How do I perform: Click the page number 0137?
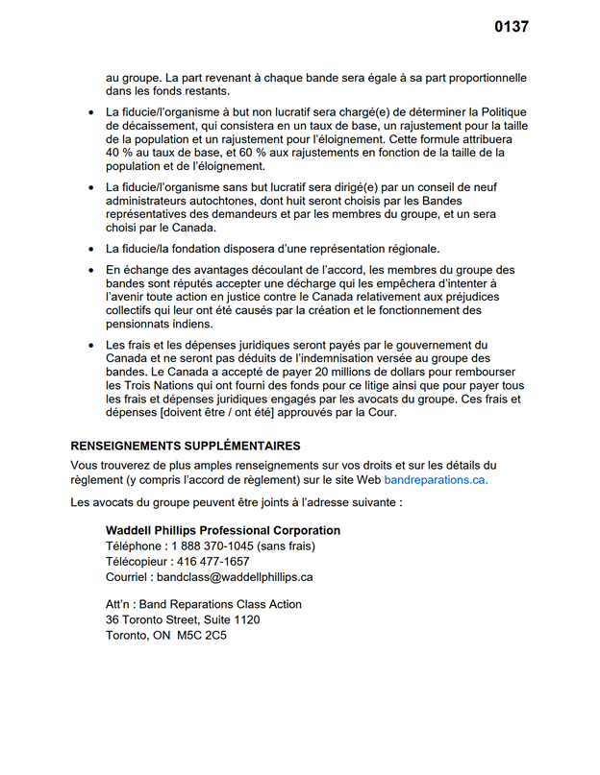(x=512, y=27)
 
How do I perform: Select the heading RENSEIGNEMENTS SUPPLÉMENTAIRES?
(x=186, y=446)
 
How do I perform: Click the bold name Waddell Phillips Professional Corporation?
(x=222, y=531)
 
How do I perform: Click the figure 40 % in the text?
(x=119, y=152)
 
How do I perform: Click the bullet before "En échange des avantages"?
(x=90, y=271)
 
